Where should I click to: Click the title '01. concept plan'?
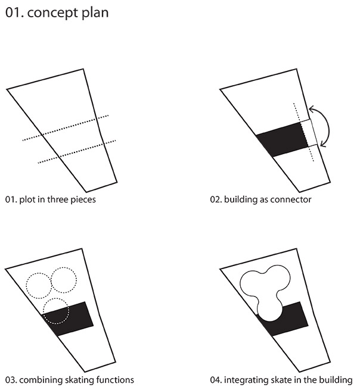pyautogui.click(x=57, y=13)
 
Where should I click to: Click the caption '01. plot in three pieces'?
pyautogui.click(x=51, y=199)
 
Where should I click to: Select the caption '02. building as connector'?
pyautogui.click(x=260, y=199)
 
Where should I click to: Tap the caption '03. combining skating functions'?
pyautogui.click(x=70, y=380)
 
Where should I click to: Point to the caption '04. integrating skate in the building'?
pyautogui.click(x=281, y=380)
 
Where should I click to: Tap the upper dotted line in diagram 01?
pyautogui.click(x=66, y=128)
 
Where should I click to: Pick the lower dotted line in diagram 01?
pyautogui.click(x=77, y=152)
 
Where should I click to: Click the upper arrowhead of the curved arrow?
pyautogui.click(x=312, y=109)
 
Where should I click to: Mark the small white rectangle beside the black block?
pyautogui.click(x=309, y=133)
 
